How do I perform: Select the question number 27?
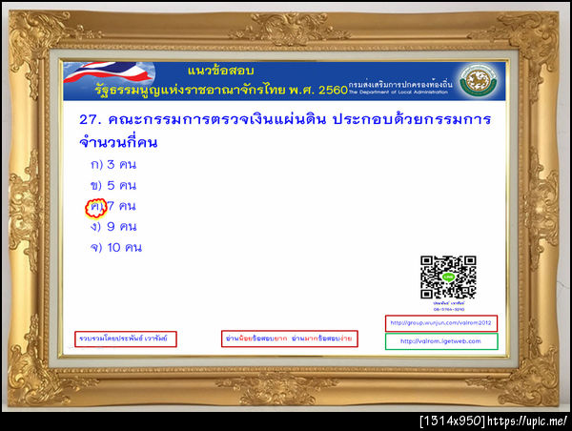pos(91,120)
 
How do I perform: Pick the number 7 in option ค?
pos(111,206)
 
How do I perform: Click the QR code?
pos(447,275)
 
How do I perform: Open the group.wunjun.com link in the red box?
pos(440,323)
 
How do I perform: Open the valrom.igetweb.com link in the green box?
pos(440,340)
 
